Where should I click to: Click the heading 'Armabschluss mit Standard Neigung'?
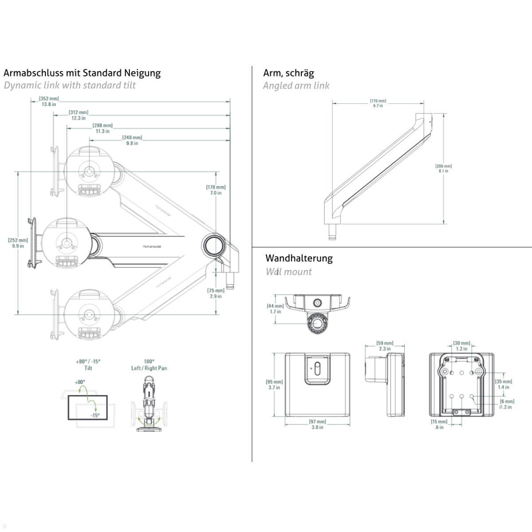point(82,73)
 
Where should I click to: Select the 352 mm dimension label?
point(49,101)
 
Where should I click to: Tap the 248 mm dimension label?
point(132,141)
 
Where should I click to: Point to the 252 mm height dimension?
point(18,243)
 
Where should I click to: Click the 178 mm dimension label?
point(216,190)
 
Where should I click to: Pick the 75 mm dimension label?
point(216,293)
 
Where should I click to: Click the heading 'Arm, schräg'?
point(288,73)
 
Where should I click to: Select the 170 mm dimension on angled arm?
point(378,103)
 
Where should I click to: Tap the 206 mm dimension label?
point(443,168)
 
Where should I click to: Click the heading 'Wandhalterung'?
point(299,258)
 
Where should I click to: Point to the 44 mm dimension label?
point(275,309)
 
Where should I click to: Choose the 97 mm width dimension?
point(317,424)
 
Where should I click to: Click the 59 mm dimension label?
point(385,346)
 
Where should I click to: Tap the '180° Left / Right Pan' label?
point(149,364)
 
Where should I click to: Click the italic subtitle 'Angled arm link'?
point(296,86)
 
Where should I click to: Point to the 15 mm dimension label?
point(439,424)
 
